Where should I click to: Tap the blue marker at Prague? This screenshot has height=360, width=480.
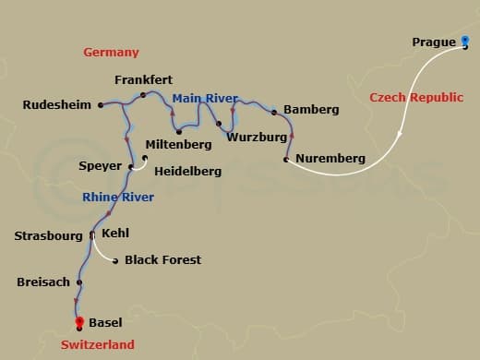click(x=465, y=41)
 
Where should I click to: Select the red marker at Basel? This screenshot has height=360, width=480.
click(x=79, y=322)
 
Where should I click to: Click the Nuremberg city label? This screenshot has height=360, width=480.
click(x=330, y=159)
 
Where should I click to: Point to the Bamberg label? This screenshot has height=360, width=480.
click(x=312, y=110)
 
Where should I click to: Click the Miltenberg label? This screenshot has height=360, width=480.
click(x=177, y=146)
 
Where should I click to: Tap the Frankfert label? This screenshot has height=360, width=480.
click(x=143, y=80)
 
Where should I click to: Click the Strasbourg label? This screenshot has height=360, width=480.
click(x=49, y=236)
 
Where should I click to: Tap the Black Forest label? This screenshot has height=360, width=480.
click(x=162, y=260)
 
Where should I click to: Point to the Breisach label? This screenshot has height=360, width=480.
click(x=43, y=282)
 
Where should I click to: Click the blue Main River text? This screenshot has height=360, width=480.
click(x=205, y=98)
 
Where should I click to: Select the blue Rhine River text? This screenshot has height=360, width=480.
click(x=118, y=198)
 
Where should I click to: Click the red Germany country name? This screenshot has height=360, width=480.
click(x=111, y=53)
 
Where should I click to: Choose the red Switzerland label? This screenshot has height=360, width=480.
click(x=97, y=344)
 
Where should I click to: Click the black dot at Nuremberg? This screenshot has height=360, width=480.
click(x=286, y=160)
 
